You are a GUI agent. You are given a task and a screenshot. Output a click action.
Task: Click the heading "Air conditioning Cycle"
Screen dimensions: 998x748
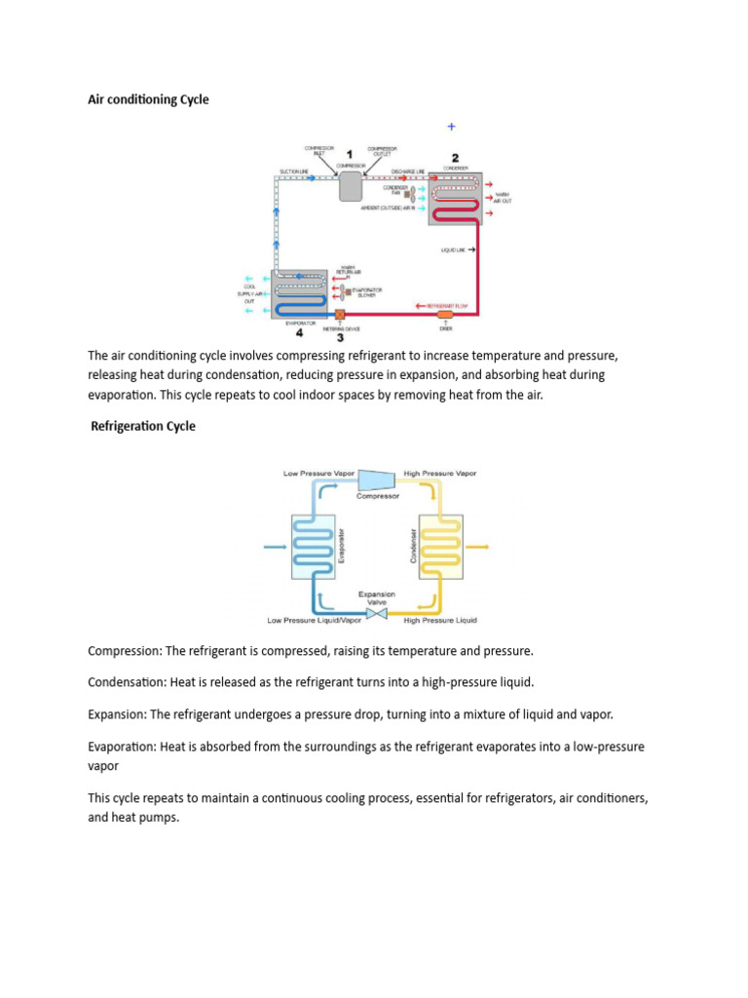(148, 99)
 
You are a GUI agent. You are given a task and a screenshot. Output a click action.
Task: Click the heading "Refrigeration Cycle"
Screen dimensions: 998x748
(143, 426)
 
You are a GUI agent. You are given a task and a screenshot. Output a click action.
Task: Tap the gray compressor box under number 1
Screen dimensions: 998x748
(351, 185)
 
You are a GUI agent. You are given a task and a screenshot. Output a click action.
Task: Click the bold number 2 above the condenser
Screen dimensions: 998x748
(454, 156)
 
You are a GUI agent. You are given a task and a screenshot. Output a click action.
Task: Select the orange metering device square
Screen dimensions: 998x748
(340, 315)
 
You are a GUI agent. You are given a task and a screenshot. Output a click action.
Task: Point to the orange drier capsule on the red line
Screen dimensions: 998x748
(446, 315)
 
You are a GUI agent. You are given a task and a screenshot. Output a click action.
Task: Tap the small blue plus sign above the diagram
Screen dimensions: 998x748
(451, 127)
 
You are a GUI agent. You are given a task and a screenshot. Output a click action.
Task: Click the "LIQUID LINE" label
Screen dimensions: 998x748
(455, 250)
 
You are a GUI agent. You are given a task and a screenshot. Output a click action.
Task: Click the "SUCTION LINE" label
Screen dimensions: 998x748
(293, 172)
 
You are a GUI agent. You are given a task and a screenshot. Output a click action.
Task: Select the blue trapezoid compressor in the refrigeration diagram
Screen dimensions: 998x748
(376, 480)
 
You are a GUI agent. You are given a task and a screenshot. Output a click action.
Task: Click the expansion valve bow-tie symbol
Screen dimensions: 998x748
(376, 612)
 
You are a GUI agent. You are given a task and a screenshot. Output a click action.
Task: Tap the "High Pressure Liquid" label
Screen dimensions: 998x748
(440, 621)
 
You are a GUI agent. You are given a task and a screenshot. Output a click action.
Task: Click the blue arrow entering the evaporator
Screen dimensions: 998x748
(276, 548)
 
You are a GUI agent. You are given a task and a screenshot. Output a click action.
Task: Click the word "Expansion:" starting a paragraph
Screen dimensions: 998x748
(118, 714)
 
